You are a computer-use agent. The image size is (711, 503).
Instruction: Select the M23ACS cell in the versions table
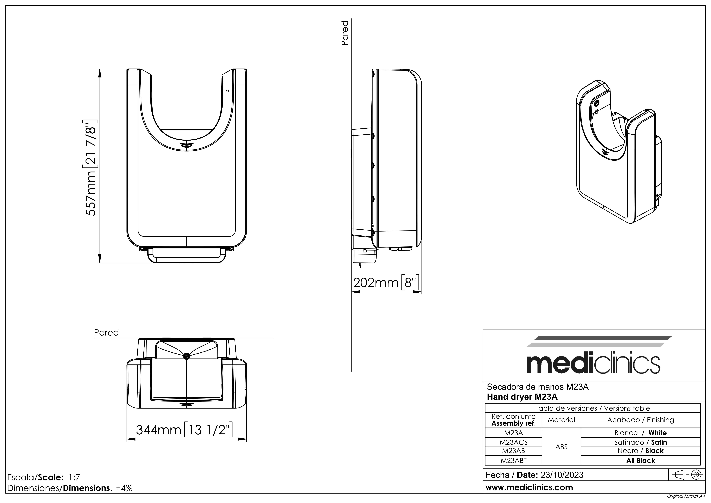[x=513, y=442]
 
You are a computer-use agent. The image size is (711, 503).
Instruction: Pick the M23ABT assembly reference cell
[x=513, y=461]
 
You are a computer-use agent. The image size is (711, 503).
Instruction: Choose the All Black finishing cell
[x=640, y=461]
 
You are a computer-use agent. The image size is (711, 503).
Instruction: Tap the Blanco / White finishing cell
[x=640, y=433]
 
